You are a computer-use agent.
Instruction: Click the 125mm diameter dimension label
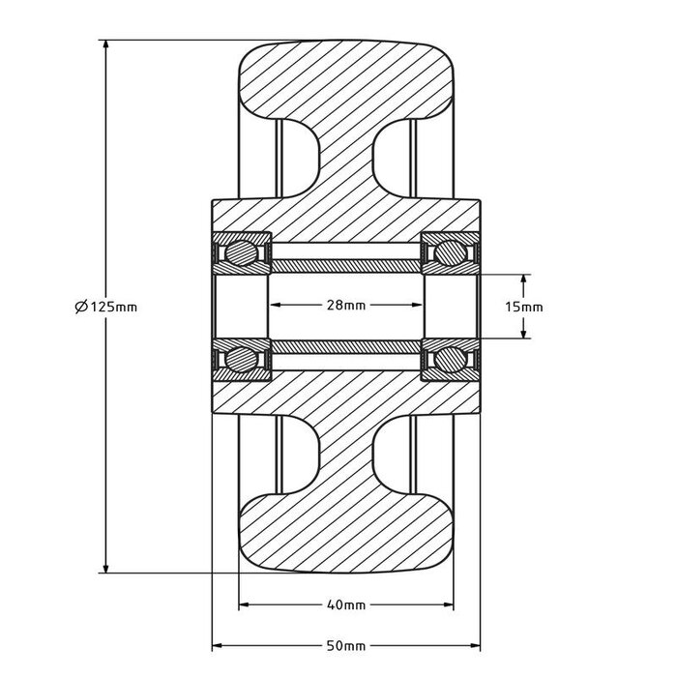coord(105,307)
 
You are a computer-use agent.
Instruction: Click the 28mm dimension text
coord(346,306)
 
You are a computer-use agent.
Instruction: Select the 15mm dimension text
coord(525,306)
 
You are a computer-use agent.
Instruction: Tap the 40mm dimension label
coord(346,606)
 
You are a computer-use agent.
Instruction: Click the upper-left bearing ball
coord(239,253)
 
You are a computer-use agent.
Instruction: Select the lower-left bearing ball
coord(239,359)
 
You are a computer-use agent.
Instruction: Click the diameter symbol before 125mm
coord(80,307)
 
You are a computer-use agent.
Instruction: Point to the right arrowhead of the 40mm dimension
coord(449,606)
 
